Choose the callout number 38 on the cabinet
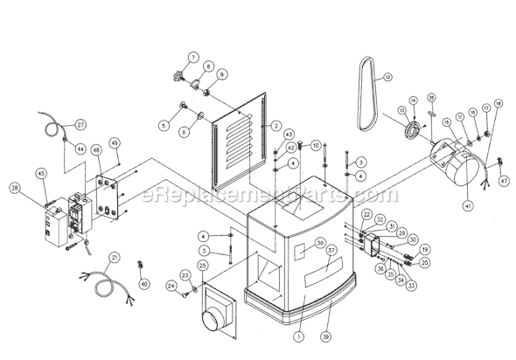click(296, 243)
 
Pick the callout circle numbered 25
click(202, 265)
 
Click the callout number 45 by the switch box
click(43, 173)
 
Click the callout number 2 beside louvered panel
click(275, 127)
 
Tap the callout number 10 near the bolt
click(316, 145)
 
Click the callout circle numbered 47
click(505, 179)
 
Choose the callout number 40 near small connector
click(145, 283)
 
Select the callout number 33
click(411, 284)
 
